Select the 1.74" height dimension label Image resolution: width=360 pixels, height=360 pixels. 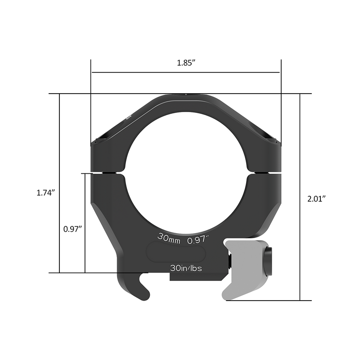(x=45, y=193)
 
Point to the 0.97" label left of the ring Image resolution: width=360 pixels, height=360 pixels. (x=72, y=229)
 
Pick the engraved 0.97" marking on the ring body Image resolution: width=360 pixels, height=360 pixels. (x=199, y=240)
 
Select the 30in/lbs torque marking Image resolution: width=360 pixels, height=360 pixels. (x=186, y=267)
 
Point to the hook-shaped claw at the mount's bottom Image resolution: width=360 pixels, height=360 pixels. (x=137, y=288)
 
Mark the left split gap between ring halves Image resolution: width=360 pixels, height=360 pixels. (x=107, y=172)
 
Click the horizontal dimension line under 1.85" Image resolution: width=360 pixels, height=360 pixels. (x=185, y=72)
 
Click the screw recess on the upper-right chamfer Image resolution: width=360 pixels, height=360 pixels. (x=269, y=135)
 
